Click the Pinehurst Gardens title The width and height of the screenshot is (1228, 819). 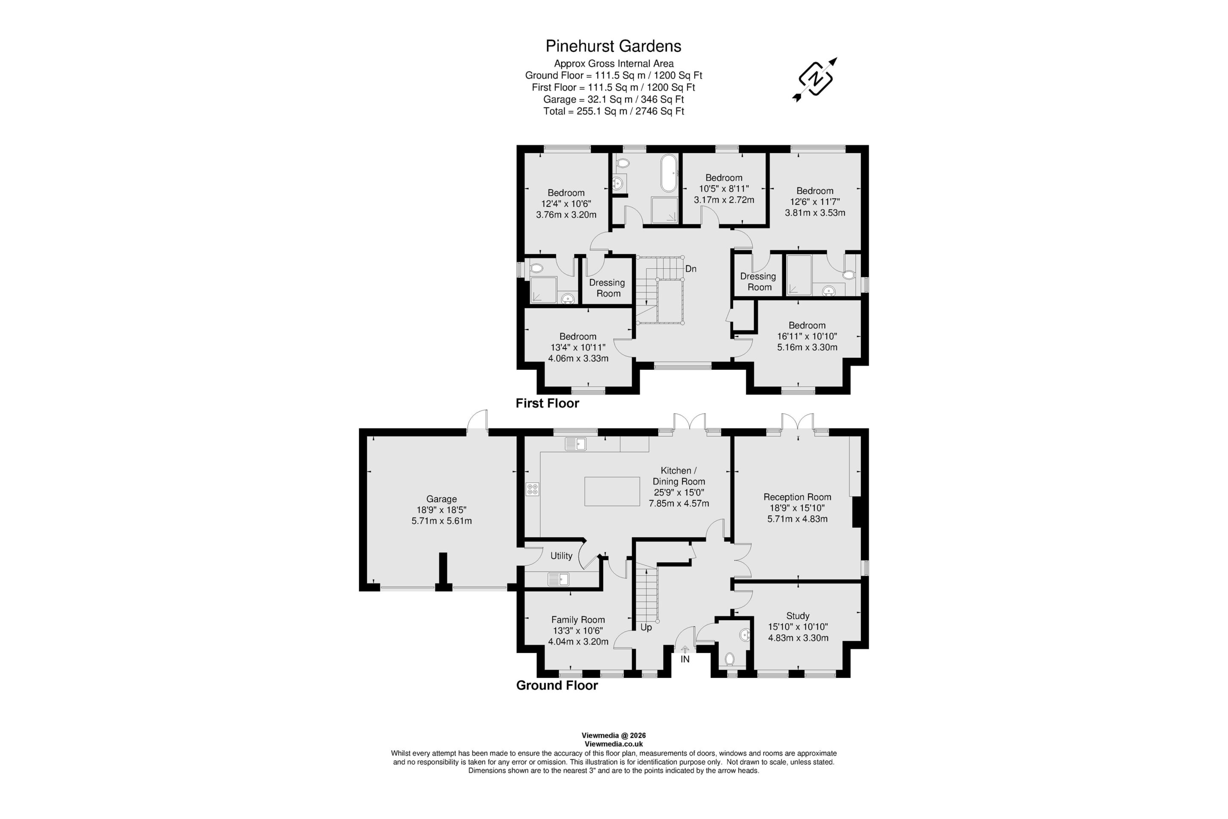tap(614, 46)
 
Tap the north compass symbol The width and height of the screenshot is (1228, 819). tap(814, 79)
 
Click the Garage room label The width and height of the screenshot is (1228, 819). tap(441, 499)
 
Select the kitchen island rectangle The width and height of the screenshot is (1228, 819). tap(612, 491)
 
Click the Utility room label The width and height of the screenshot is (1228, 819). tap(561, 556)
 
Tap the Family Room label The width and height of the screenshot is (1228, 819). tap(578, 619)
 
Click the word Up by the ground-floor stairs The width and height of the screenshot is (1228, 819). tap(646, 627)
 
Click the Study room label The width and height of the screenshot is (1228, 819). tap(798, 616)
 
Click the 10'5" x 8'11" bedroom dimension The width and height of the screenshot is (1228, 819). tap(724, 189)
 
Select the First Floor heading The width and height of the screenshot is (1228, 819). tap(547, 403)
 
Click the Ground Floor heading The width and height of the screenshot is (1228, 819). tap(557, 685)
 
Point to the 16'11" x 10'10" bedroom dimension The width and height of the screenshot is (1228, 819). tap(807, 337)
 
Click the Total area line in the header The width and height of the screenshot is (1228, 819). tap(614, 111)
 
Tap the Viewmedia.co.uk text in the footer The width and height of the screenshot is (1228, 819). tap(614, 744)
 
